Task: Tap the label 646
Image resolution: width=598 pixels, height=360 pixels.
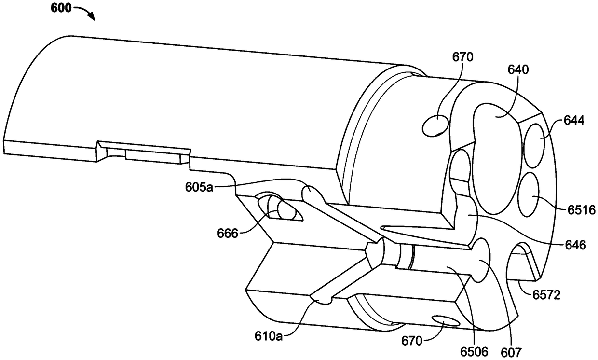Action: point(576,245)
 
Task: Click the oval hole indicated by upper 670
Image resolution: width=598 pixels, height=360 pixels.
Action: point(436,125)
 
